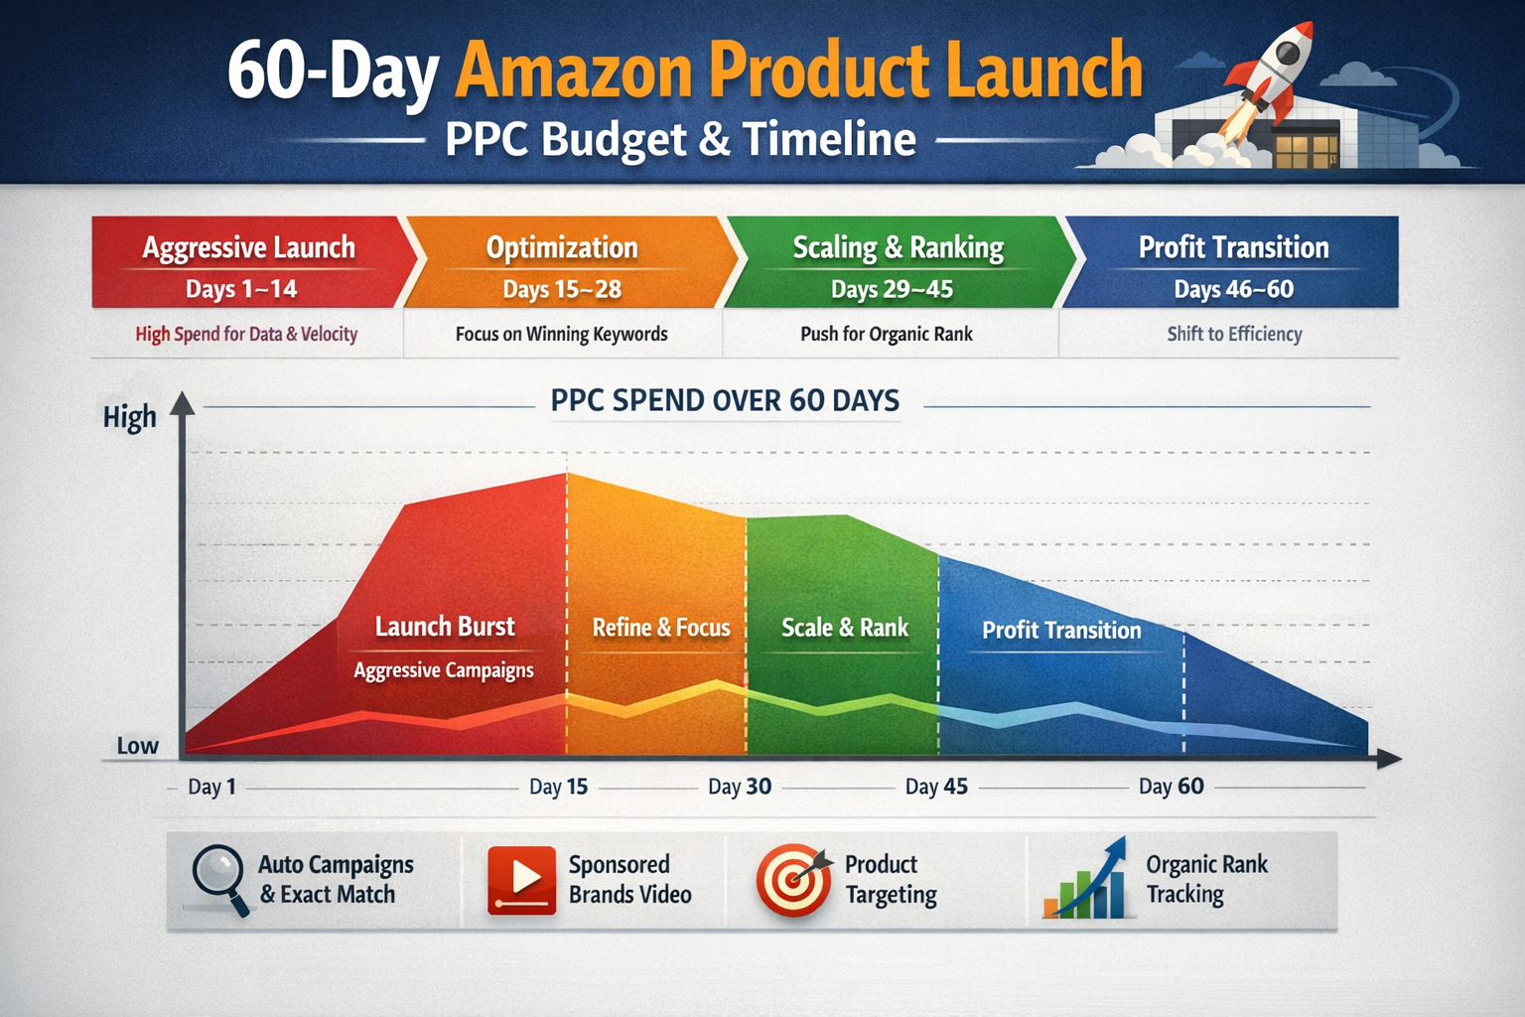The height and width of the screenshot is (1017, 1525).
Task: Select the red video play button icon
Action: coord(521,879)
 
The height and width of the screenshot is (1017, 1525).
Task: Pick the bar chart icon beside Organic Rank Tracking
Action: coord(1086,880)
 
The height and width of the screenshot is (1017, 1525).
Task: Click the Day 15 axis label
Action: coord(558,787)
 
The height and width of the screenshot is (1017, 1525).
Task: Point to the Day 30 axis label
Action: coord(740,787)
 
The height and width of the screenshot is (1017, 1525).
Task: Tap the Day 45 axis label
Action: coord(936,787)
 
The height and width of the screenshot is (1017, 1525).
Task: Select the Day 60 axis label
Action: coord(1172,787)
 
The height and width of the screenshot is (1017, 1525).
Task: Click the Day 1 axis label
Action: coord(212,787)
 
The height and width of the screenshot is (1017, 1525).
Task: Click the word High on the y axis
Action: coord(130,417)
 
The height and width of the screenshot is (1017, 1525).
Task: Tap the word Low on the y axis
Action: coord(137,746)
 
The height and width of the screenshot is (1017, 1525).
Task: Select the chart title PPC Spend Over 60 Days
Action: coord(725,400)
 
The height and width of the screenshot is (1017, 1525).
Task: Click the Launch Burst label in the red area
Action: coord(445,627)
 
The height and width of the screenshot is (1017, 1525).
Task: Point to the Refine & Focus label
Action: coord(661,628)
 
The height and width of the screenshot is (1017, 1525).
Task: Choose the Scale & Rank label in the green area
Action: coord(845,628)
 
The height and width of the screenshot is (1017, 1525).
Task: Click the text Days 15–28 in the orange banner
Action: coord(562,289)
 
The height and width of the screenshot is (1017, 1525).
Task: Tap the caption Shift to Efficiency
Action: coord(1234,334)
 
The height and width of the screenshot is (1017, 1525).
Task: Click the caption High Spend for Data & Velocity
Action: coord(246,334)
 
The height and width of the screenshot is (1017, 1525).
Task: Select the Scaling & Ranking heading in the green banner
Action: coord(898,247)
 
